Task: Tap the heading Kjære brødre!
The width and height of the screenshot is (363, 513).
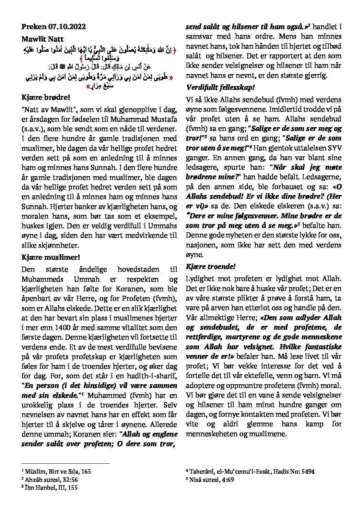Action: point(43,97)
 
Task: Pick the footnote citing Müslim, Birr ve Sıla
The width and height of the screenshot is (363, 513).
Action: point(56,472)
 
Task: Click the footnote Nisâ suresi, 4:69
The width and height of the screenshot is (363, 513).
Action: point(210,479)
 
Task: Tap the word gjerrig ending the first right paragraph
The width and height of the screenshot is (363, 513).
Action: point(316,75)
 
